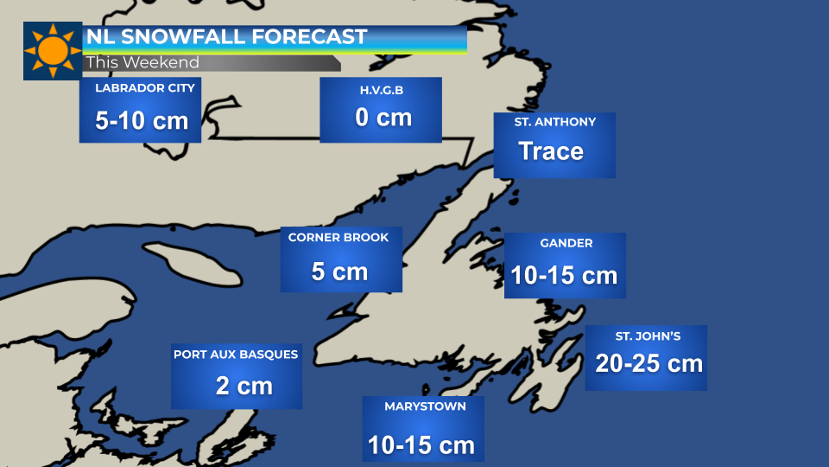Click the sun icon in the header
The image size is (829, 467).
point(53,51)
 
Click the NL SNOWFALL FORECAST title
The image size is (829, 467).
point(226,37)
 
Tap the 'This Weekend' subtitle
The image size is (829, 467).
point(142,62)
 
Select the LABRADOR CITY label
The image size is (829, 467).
point(145,88)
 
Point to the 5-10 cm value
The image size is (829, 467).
point(142,120)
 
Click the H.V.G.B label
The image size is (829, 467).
point(381,91)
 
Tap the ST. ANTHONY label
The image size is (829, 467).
point(555,122)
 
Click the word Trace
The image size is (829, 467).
point(551,151)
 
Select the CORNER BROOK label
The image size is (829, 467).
point(339,237)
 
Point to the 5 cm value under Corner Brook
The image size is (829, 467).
point(339,272)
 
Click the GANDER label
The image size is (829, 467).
point(566,243)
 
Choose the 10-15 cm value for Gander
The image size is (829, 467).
point(564,275)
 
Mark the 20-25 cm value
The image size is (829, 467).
point(649,363)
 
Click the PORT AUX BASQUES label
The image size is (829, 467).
point(236,354)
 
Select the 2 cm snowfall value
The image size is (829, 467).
point(244,385)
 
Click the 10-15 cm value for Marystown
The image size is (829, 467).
point(421,445)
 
